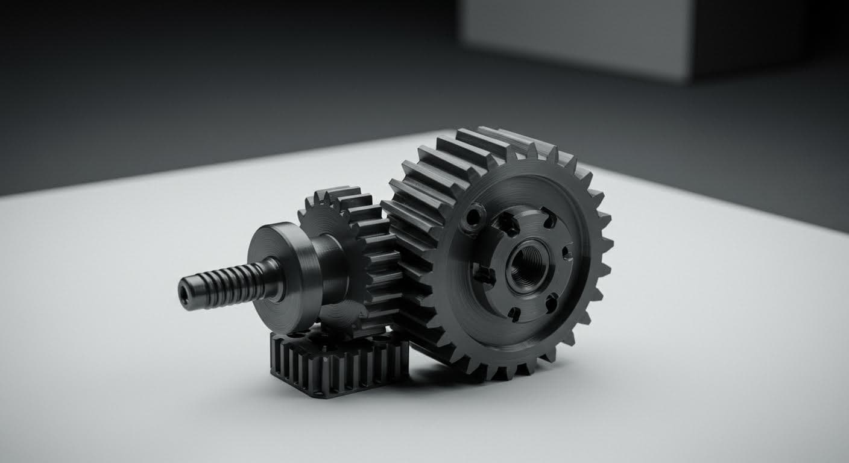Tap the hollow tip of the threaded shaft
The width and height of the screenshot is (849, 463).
pyautogui.click(x=183, y=292)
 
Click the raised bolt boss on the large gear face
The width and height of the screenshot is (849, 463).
pyautogui.click(x=472, y=218)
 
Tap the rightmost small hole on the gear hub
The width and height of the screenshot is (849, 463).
pyautogui.click(x=567, y=253)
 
